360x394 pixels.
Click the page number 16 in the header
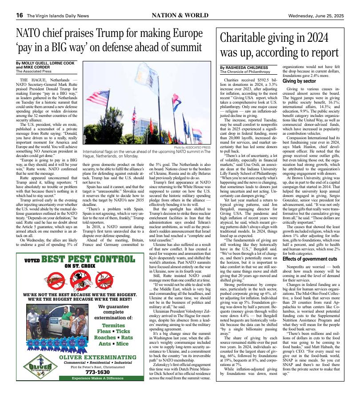[x=20, y=15]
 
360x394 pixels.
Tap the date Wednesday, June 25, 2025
[x=316, y=15]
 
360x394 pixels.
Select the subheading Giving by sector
[x=299, y=81]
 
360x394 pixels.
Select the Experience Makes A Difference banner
[x=98, y=390]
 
